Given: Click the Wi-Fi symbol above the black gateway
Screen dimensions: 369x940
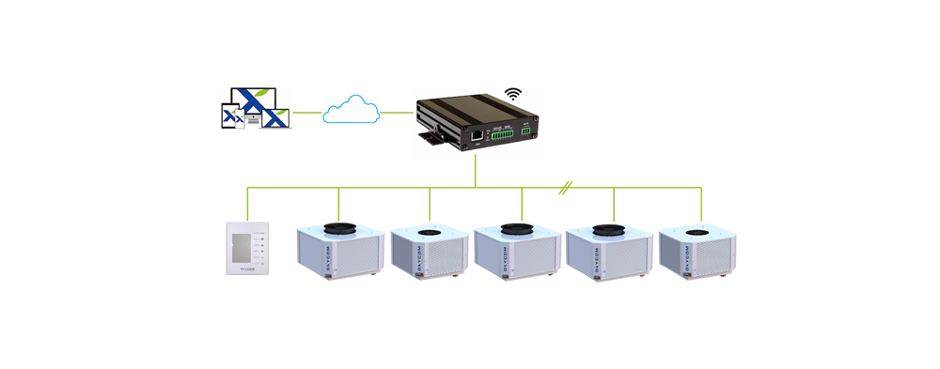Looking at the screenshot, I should [x=512, y=94].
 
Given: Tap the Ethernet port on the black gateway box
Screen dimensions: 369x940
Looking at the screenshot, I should [x=478, y=136].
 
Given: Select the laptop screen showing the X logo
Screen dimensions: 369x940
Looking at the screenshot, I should [x=274, y=119].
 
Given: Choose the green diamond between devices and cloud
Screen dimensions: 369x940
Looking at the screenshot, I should [x=307, y=113].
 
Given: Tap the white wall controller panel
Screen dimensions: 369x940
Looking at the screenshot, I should [x=250, y=251].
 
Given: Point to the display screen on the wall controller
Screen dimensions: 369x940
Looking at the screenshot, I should [x=239, y=248].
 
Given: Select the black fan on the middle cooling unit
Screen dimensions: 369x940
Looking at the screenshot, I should [x=513, y=228].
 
